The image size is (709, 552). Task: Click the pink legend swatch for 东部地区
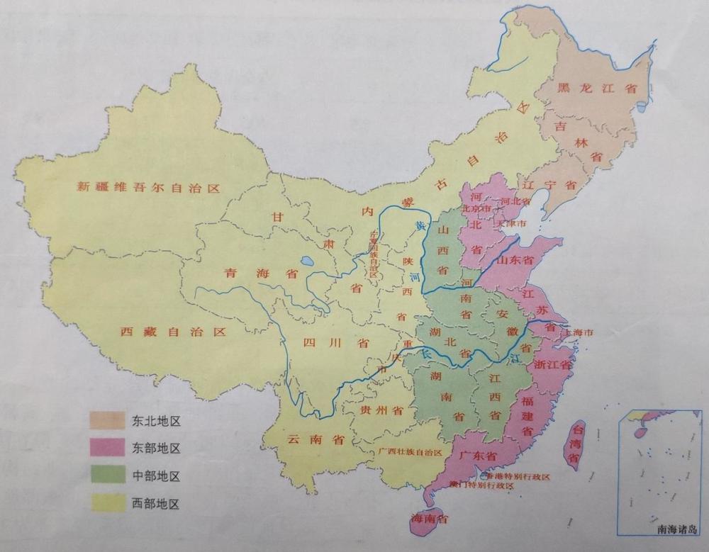tap(106, 448)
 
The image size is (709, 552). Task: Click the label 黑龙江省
tap(587, 89)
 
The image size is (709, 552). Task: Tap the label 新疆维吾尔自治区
tap(149, 188)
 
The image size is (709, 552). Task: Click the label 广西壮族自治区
tap(410, 452)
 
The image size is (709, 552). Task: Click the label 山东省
tap(515, 260)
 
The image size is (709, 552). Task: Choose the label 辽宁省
tap(554, 184)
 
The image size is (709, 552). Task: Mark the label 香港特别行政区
tap(518, 476)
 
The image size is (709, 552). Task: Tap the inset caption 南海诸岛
tap(676, 529)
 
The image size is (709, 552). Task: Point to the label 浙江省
tap(553, 366)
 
